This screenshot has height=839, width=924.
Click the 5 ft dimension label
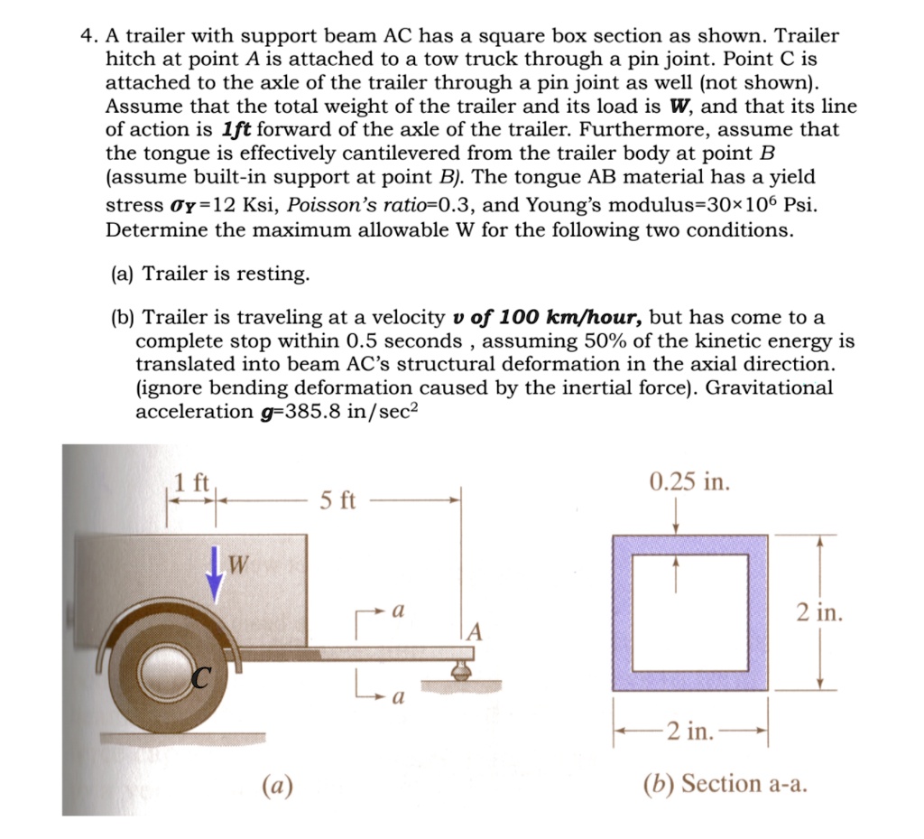pos(338,499)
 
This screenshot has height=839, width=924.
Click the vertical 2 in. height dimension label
pos(819,613)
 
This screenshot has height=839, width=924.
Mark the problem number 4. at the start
pos(88,36)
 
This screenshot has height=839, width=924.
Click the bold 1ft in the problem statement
pos(237,129)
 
